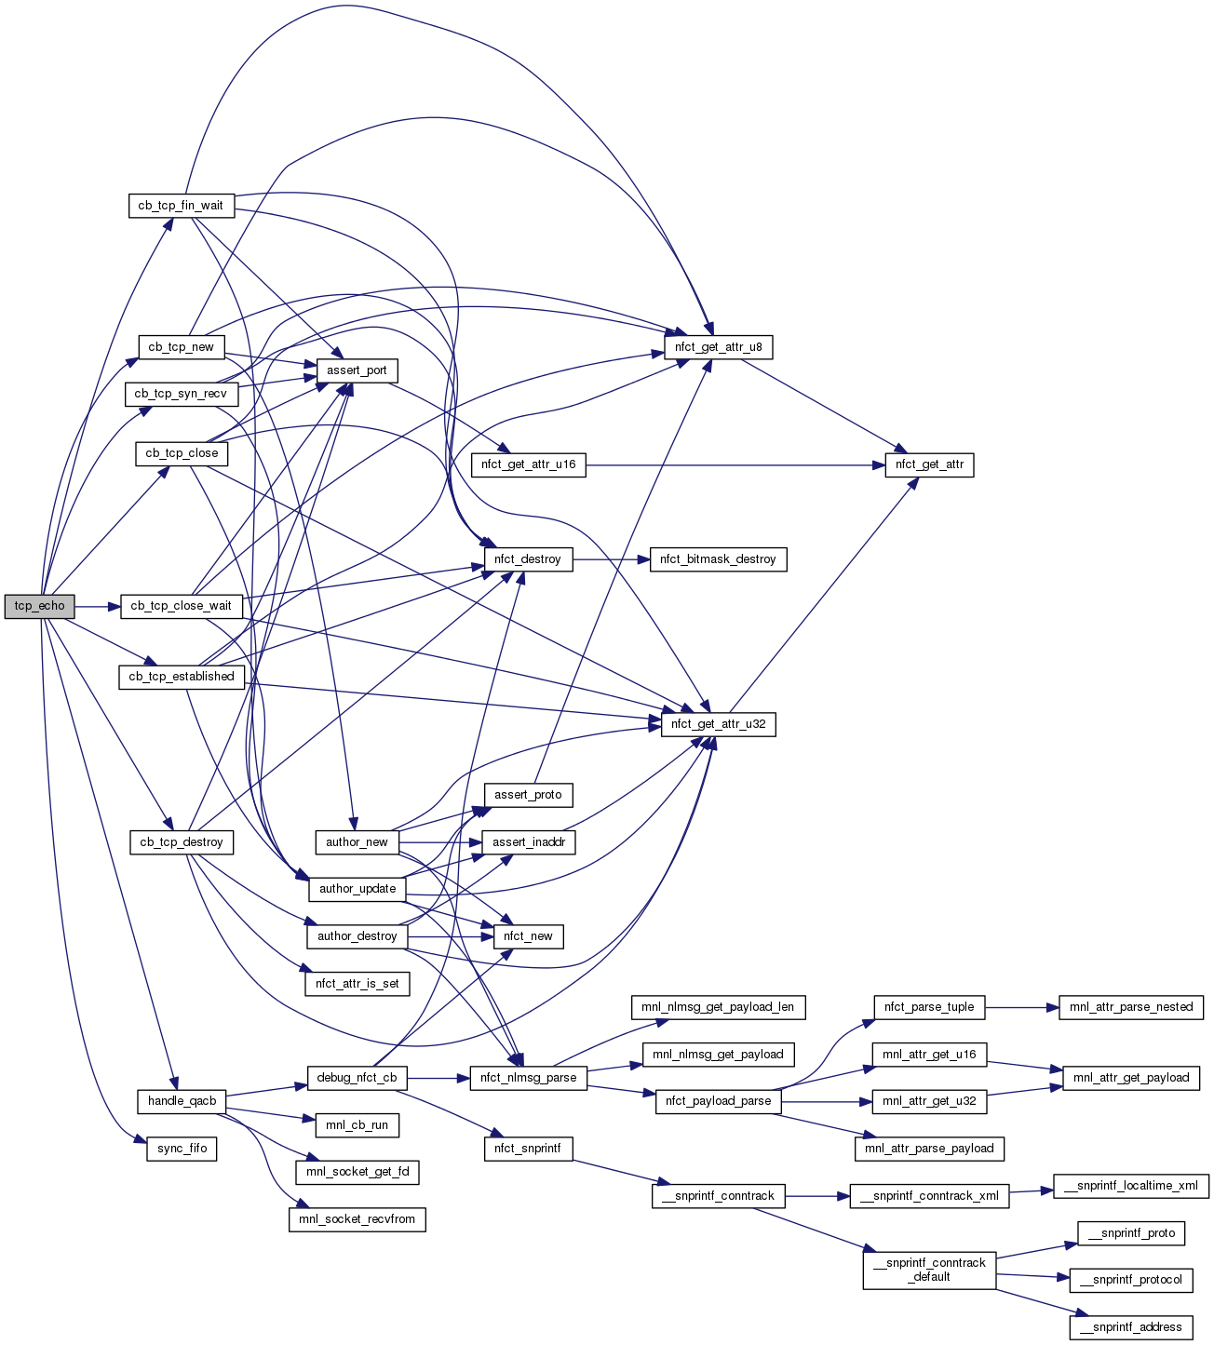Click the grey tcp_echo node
[x=39, y=606]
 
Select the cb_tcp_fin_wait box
[x=181, y=206]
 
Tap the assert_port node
[x=357, y=370]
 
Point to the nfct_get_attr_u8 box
[x=718, y=347]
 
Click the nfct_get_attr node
[x=928, y=464]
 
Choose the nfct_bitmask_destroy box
[x=718, y=559]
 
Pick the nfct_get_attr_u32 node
[x=718, y=724]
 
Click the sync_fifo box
[x=182, y=1149]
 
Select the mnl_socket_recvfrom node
[x=357, y=1219]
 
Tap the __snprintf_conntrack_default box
[x=929, y=1270]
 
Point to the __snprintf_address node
[x=1131, y=1327]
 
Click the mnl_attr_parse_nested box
[x=1131, y=1007]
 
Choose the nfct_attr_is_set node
[x=357, y=984]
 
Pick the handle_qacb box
[x=182, y=1101]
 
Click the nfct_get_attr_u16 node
[x=528, y=464]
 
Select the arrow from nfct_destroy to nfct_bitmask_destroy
[x=611, y=559]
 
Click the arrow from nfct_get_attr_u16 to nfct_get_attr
[x=735, y=464]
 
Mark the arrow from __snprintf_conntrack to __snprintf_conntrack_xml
[x=817, y=1196]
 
